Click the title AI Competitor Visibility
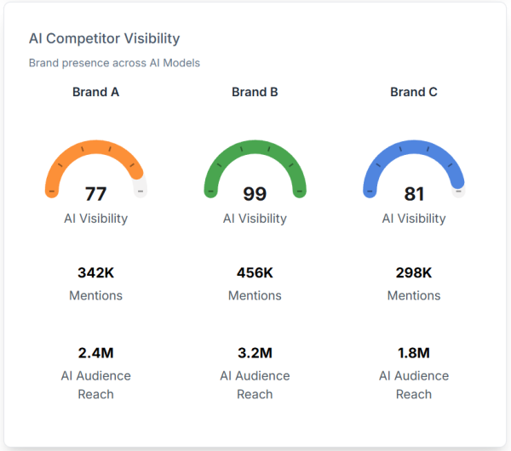pyautogui.click(x=104, y=38)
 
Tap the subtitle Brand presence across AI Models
pyautogui.click(x=114, y=63)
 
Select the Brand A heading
pyautogui.click(x=95, y=92)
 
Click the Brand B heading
pyautogui.click(x=255, y=92)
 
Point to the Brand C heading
pyautogui.click(x=414, y=92)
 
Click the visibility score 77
pyautogui.click(x=95, y=194)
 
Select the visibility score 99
pyautogui.click(x=255, y=194)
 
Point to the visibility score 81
pyautogui.click(x=414, y=194)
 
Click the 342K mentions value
pyautogui.click(x=95, y=273)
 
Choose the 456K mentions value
pyautogui.click(x=255, y=273)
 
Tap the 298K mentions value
pyautogui.click(x=414, y=273)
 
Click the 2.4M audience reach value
pyautogui.click(x=95, y=352)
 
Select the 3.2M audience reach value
pyautogui.click(x=255, y=352)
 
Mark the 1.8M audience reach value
pyautogui.click(x=414, y=352)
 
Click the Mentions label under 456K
pyautogui.click(x=255, y=295)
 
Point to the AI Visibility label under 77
pyautogui.click(x=95, y=218)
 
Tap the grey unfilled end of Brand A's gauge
pyautogui.click(x=141, y=187)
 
